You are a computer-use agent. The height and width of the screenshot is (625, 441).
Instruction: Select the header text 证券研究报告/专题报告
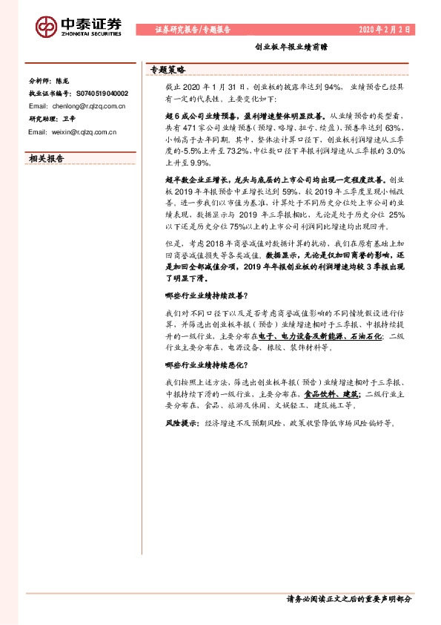point(193,30)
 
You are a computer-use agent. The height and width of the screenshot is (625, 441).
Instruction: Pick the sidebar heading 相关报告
point(46,158)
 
